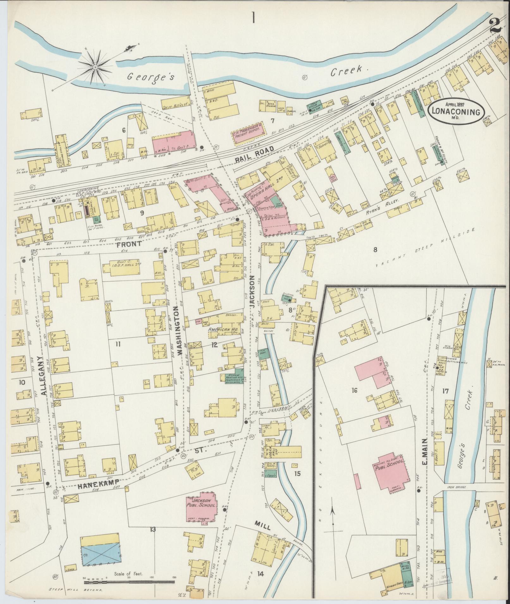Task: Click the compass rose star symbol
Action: [x=95, y=67]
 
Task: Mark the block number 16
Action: [x=354, y=391]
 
